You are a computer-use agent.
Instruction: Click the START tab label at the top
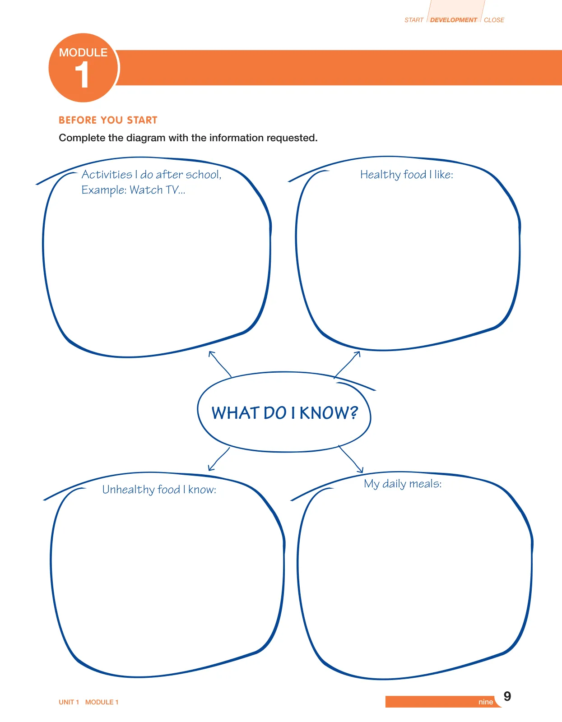(413, 20)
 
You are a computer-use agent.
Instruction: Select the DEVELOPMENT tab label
(453, 20)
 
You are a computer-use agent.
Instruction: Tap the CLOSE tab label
(494, 20)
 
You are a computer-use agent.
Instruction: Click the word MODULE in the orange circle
(83, 52)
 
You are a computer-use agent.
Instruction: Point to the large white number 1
(82, 75)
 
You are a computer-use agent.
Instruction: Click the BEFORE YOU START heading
(108, 120)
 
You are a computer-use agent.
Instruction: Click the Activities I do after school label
(152, 175)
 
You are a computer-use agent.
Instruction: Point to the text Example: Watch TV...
(133, 190)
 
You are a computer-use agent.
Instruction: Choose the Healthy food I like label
(406, 175)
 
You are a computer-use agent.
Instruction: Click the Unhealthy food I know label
(159, 490)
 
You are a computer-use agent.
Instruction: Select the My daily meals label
(403, 484)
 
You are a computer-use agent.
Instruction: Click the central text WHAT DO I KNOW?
(284, 413)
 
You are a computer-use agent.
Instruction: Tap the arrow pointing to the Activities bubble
(220, 364)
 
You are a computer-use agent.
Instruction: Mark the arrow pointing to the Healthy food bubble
(347, 365)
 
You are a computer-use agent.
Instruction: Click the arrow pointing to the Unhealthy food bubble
(218, 459)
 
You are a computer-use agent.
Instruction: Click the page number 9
(507, 696)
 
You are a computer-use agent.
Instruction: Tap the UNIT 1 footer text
(69, 702)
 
